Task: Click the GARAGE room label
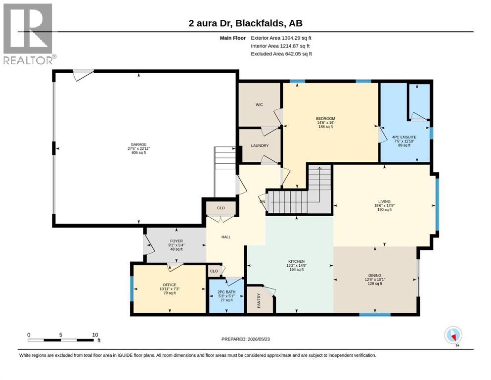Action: [x=138, y=144]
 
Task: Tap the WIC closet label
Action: [x=259, y=104]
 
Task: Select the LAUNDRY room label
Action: [x=260, y=145]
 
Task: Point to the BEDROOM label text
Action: [x=325, y=118]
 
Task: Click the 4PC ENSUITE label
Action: [x=404, y=137]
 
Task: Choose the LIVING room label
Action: [x=384, y=201]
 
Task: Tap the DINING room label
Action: [x=375, y=276]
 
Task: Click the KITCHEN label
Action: [x=296, y=261]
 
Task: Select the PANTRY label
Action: [x=259, y=300]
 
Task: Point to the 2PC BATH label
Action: [x=226, y=292]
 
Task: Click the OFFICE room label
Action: [x=170, y=285]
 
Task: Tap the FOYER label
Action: [x=177, y=241]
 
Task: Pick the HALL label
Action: [x=226, y=237]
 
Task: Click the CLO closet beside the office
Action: [x=214, y=271]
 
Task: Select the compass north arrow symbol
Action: [x=453, y=335]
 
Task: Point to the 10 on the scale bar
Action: [x=95, y=334]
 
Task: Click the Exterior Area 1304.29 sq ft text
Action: [x=281, y=38]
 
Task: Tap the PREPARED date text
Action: [x=245, y=339]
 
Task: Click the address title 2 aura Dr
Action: [x=210, y=23]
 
